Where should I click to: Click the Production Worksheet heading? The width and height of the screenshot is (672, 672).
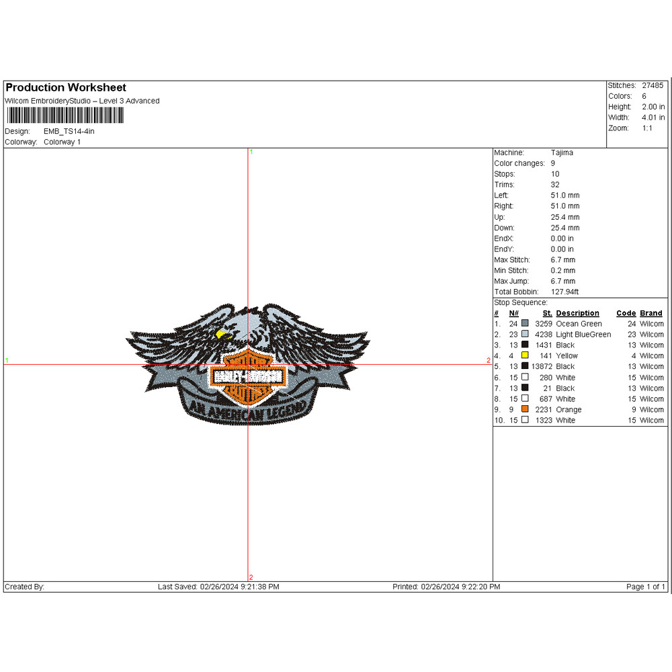[x=66, y=88]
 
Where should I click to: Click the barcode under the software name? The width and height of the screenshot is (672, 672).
[x=65, y=116]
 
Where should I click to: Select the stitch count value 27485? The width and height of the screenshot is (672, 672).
[x=652, y=86]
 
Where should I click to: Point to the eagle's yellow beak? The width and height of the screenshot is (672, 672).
[x=221, y=333]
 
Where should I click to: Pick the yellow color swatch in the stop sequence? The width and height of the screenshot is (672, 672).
[x=525, y=355]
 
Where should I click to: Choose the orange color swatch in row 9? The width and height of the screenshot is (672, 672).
[x=525, y=409]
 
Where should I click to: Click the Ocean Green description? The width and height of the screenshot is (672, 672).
[x=579, y=324]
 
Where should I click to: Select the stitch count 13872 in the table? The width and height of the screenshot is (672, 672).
[x=541, y=366]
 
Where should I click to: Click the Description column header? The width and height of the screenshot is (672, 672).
[x=577, y=313]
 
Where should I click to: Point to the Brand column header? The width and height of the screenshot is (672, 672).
[x=650, y=313]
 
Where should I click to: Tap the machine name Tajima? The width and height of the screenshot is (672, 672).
[x=562, y=153]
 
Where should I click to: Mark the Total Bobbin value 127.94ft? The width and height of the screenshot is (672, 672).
[x=564, y=292]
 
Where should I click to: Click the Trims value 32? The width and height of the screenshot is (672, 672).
[x=555, y=185]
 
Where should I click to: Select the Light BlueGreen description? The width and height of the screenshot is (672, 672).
[x=583, y=335]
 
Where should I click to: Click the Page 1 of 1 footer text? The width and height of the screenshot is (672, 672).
[x=645, y=587]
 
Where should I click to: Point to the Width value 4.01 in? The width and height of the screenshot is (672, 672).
[x=653, y=118]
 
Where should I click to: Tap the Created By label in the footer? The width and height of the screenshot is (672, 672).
[x=24, y=587]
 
